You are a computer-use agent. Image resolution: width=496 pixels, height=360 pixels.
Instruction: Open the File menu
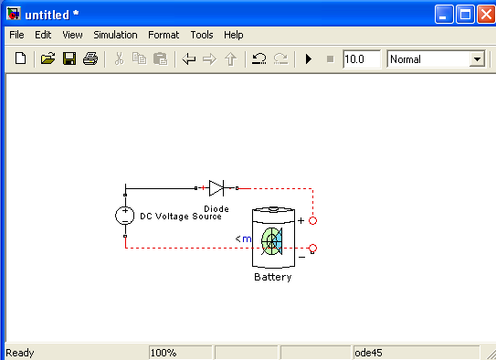point(16,35)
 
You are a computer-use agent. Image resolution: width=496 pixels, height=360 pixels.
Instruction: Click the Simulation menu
point(115,35)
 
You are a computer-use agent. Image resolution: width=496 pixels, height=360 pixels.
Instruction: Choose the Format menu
point(164,35)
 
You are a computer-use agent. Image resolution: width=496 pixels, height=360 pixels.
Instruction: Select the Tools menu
point(202,35)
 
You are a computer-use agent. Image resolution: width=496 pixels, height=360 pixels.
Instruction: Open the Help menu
point(234,35)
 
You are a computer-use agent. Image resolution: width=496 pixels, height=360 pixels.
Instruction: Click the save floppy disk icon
point(69,58)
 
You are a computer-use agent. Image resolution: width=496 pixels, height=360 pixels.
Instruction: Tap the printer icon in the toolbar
point(90,58)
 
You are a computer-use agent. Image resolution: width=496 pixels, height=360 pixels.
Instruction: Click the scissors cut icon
point(119,58)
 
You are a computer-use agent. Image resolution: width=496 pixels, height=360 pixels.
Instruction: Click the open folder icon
point(48,58)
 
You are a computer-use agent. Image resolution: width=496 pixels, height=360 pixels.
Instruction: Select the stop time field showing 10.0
point(362,59)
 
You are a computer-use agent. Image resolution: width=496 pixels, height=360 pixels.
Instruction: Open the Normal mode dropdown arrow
point(477,59)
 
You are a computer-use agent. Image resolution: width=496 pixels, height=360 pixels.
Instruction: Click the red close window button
point(486,15)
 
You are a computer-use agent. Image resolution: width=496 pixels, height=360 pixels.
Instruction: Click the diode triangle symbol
point(216,188)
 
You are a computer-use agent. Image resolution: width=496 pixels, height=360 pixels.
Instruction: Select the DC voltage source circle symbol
point(124,216)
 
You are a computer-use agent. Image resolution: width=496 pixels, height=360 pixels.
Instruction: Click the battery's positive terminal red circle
point(312,220)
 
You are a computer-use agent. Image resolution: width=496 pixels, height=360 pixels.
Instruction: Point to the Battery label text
point(273,277)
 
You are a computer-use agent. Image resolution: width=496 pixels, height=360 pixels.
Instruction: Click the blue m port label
point(247,238)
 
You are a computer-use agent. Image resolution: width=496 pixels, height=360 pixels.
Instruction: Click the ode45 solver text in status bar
point(368,353)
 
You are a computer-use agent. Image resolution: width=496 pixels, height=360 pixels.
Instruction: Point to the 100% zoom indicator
point(164,353)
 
